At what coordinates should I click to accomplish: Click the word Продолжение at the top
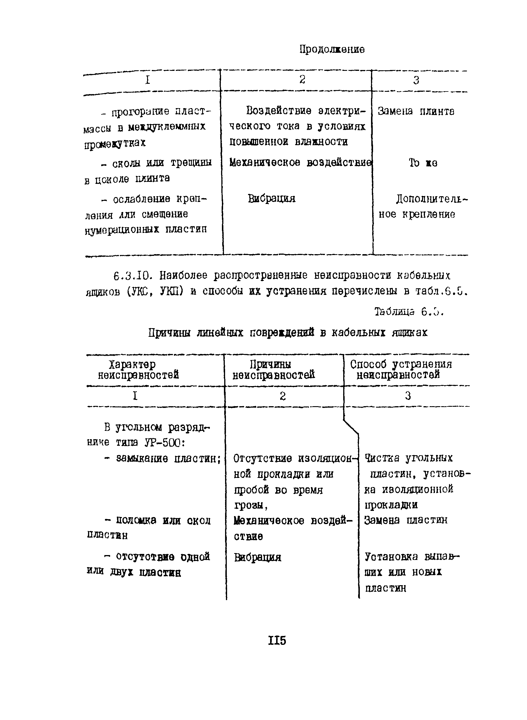click(x=332, y=49)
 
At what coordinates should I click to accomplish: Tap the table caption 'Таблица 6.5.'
click(x=409, y=312)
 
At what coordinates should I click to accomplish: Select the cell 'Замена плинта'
click(x=416, y=111)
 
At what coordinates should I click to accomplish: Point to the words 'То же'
click(x=423, y=163)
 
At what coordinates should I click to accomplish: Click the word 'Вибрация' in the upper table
click(x=272, y=199)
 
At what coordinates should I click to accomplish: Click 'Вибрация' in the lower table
click(x=257, y=558)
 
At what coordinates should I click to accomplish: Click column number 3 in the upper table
click(x=416, y=80)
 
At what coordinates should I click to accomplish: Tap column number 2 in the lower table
click(x=283, y=396)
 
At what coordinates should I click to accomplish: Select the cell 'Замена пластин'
click(x=406, y=521)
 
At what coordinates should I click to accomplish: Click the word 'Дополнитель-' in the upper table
click(x=432, y=199)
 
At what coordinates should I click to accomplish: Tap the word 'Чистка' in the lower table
click(x=382, y=458)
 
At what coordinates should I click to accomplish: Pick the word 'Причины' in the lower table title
click(x=169, y=333)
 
